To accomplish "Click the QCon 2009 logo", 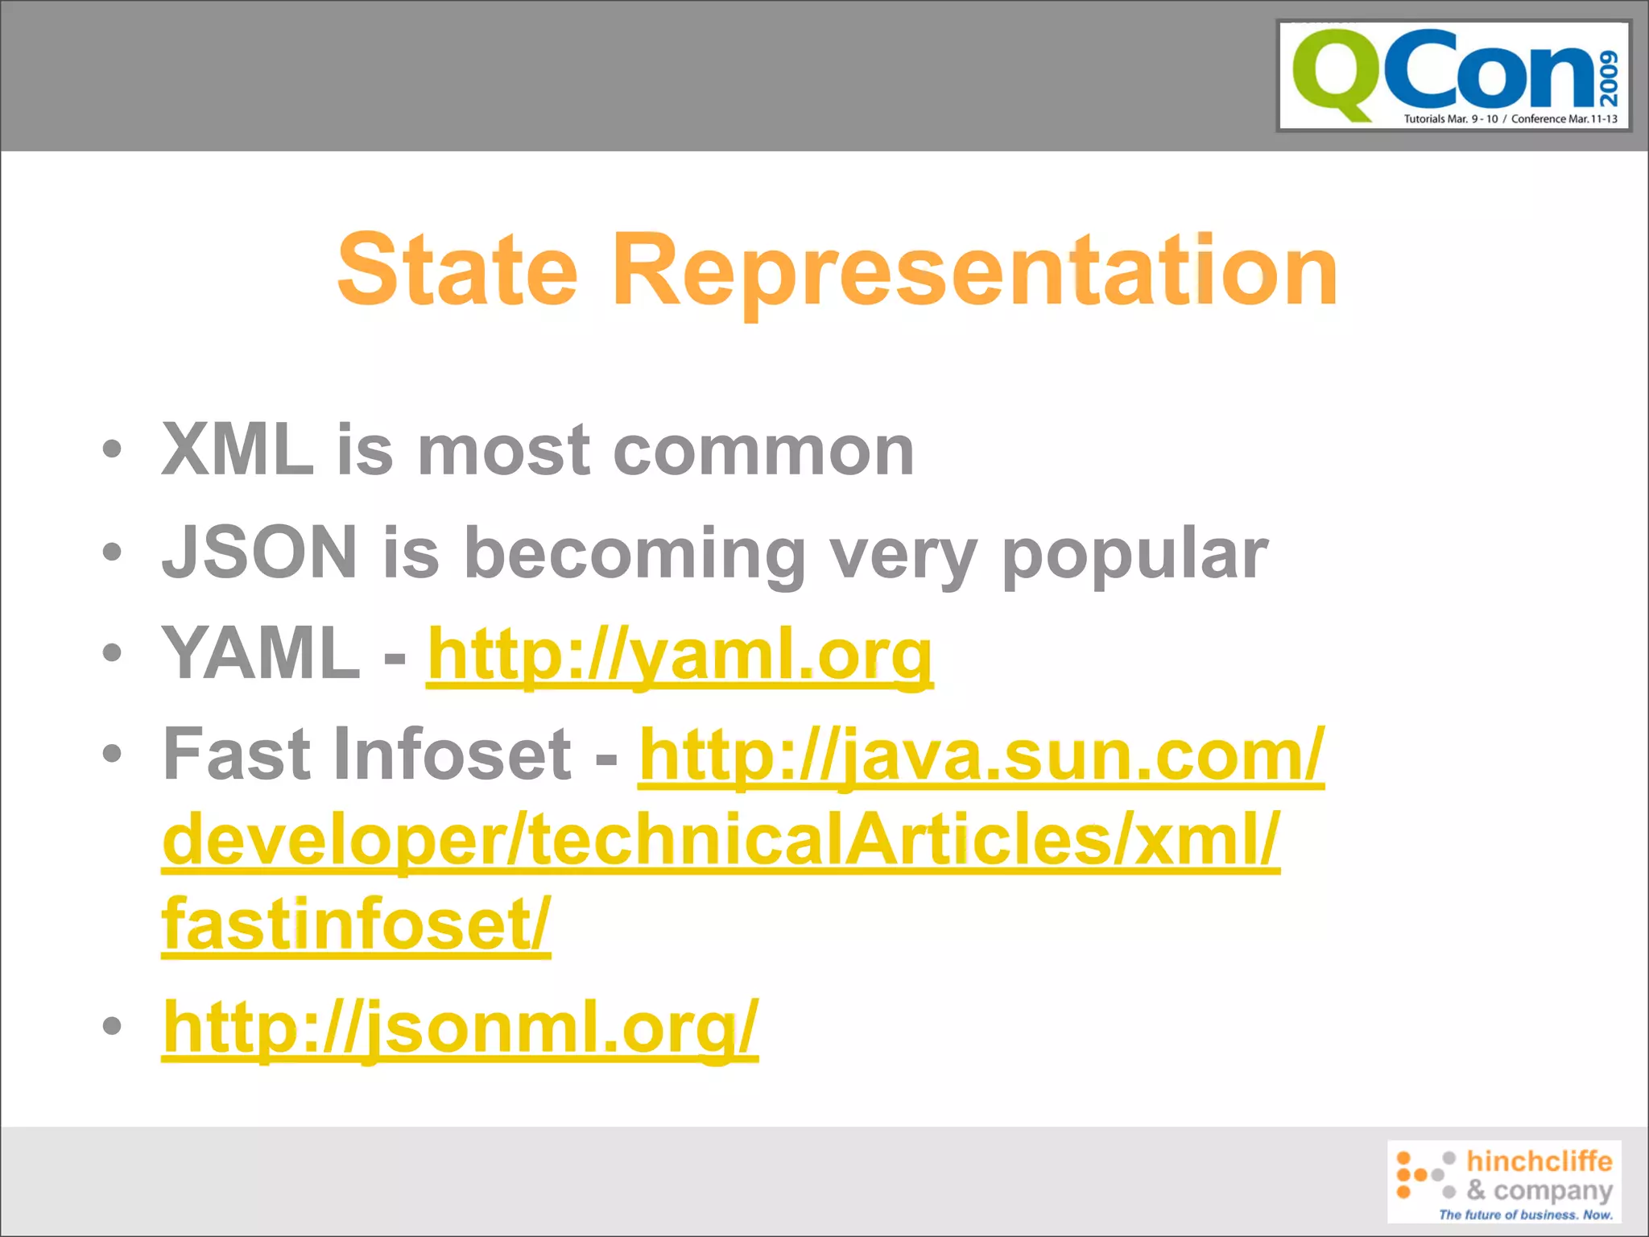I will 1453,76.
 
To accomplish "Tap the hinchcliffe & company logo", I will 1503,1181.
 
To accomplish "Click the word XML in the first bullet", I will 238,450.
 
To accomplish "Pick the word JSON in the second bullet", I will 259,552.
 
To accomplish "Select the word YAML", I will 261,654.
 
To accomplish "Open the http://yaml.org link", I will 680,656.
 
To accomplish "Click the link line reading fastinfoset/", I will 356,925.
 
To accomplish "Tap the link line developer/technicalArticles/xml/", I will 720,840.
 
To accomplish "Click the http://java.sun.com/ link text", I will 981,755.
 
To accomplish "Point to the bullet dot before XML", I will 113,449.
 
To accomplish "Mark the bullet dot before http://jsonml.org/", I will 113,1025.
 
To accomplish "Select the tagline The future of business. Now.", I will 1525,1214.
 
